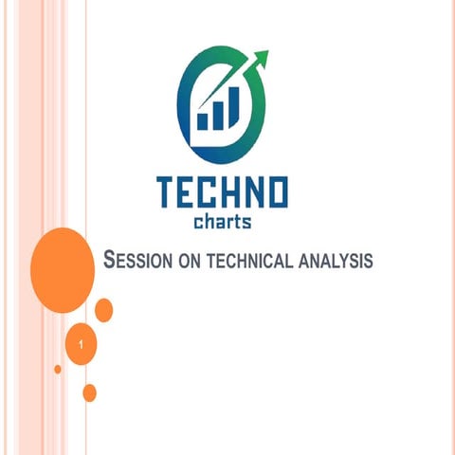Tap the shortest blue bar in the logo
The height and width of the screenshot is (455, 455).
tap(202, 120)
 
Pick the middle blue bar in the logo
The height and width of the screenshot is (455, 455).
tap(216, 115)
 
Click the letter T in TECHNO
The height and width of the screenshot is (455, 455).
tap(170, 194)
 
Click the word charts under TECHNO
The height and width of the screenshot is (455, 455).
tap(221, 224)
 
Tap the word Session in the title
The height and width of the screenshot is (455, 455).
tap(136, 259)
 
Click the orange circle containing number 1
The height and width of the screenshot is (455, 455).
tap(83, 345)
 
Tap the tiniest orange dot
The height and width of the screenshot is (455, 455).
tap(58, 369)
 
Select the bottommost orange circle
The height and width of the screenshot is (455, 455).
tap(90, 392)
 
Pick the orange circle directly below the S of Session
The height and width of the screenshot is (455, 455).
tap(104, 309)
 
